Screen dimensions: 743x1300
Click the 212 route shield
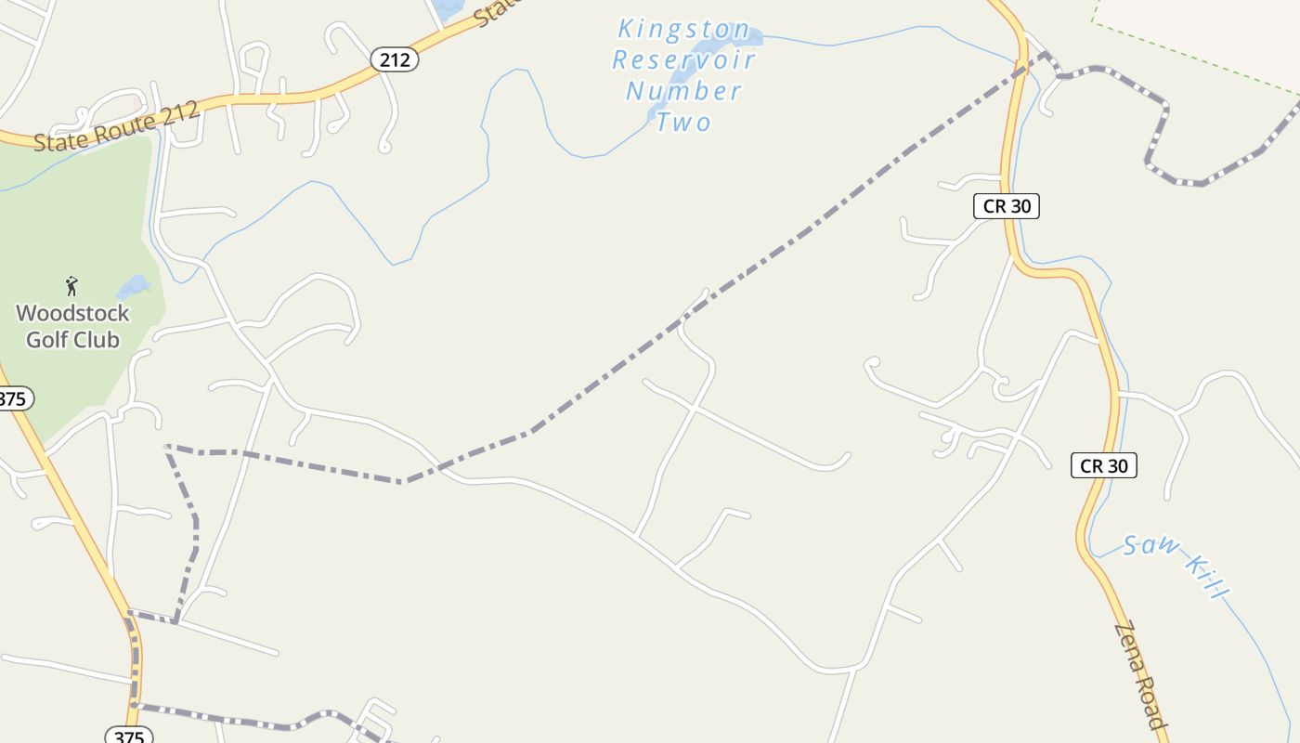[x=395, y=60]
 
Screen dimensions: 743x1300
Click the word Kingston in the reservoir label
[x=684, y=30]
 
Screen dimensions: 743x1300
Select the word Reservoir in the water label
[x=684, y=60]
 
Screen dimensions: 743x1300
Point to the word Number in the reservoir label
[x=684, y=91]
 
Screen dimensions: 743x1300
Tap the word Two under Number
[x=684, y=122]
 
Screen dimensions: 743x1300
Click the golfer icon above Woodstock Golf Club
[x=71, y=285]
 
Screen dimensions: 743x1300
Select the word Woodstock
[x=72, y=313]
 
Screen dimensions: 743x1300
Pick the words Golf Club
[x=72, y=339]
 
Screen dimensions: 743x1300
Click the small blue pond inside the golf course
[x=133, y=285]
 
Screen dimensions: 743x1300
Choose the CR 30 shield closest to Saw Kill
[x=1104, y=465]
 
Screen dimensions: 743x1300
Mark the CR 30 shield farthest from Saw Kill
[x=1006, y=206]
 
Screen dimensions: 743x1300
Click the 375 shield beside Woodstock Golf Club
[x=13, y=399]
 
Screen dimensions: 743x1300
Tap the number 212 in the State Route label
[x=181, y=113]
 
